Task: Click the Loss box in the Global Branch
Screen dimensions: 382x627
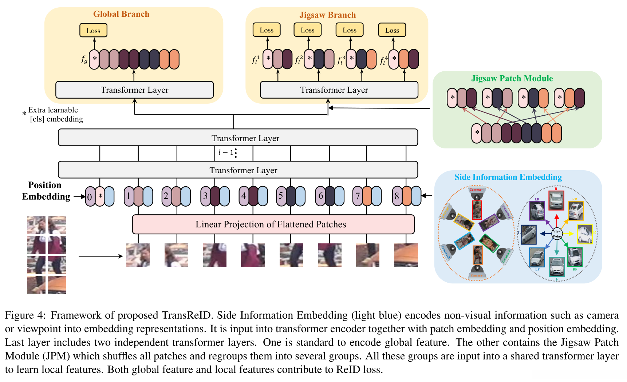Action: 93,31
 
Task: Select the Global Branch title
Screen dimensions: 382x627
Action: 121,14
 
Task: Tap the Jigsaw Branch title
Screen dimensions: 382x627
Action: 327,15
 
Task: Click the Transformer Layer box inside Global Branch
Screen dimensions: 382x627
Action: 134,90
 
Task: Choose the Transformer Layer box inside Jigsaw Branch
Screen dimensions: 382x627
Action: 339,90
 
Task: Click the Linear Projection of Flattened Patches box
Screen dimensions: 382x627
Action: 273,224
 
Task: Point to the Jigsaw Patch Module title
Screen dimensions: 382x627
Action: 512,79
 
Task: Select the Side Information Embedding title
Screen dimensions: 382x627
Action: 508,177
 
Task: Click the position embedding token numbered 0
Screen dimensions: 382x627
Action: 90,197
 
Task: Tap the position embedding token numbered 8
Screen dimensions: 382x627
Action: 397,196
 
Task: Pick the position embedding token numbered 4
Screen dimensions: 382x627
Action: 244,196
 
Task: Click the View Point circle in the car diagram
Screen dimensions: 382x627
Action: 557,234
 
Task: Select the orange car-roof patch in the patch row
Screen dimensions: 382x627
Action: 406,255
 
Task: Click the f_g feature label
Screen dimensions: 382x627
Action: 84,59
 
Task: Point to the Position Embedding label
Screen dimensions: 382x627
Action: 46,191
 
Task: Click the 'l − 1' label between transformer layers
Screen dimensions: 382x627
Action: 226,152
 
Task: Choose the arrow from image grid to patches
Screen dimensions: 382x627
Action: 100,256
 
